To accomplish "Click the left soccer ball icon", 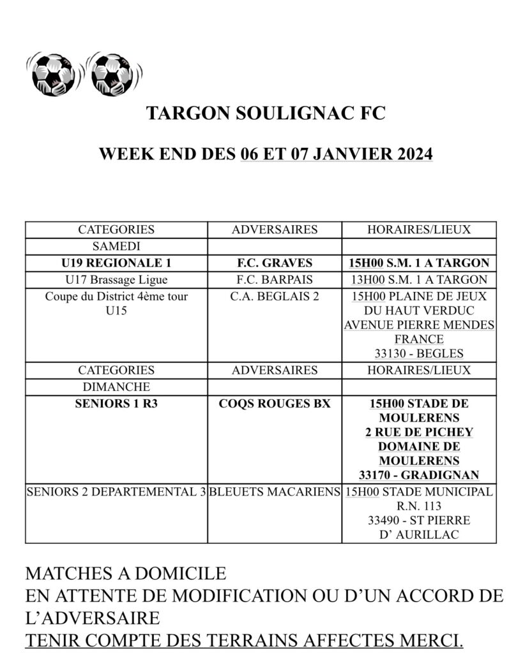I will (54, 73).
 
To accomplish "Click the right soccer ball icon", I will (113, 73).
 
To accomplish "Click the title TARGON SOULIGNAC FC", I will (266, 114).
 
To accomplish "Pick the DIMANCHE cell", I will (116, 387).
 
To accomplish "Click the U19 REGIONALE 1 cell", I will (116, 263).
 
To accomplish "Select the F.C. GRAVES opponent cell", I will (275, 263).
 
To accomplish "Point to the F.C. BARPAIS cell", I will (275, 279).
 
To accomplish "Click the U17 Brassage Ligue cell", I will (116, 279).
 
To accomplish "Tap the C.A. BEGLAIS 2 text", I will (275, 297).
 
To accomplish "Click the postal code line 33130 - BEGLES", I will (419, 354).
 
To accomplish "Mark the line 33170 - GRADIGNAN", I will (419, 474).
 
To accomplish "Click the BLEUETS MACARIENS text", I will (275, 492).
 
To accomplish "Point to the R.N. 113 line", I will (419, 506).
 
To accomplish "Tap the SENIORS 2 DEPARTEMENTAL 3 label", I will (116, 492).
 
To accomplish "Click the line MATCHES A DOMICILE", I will (126, 573).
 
